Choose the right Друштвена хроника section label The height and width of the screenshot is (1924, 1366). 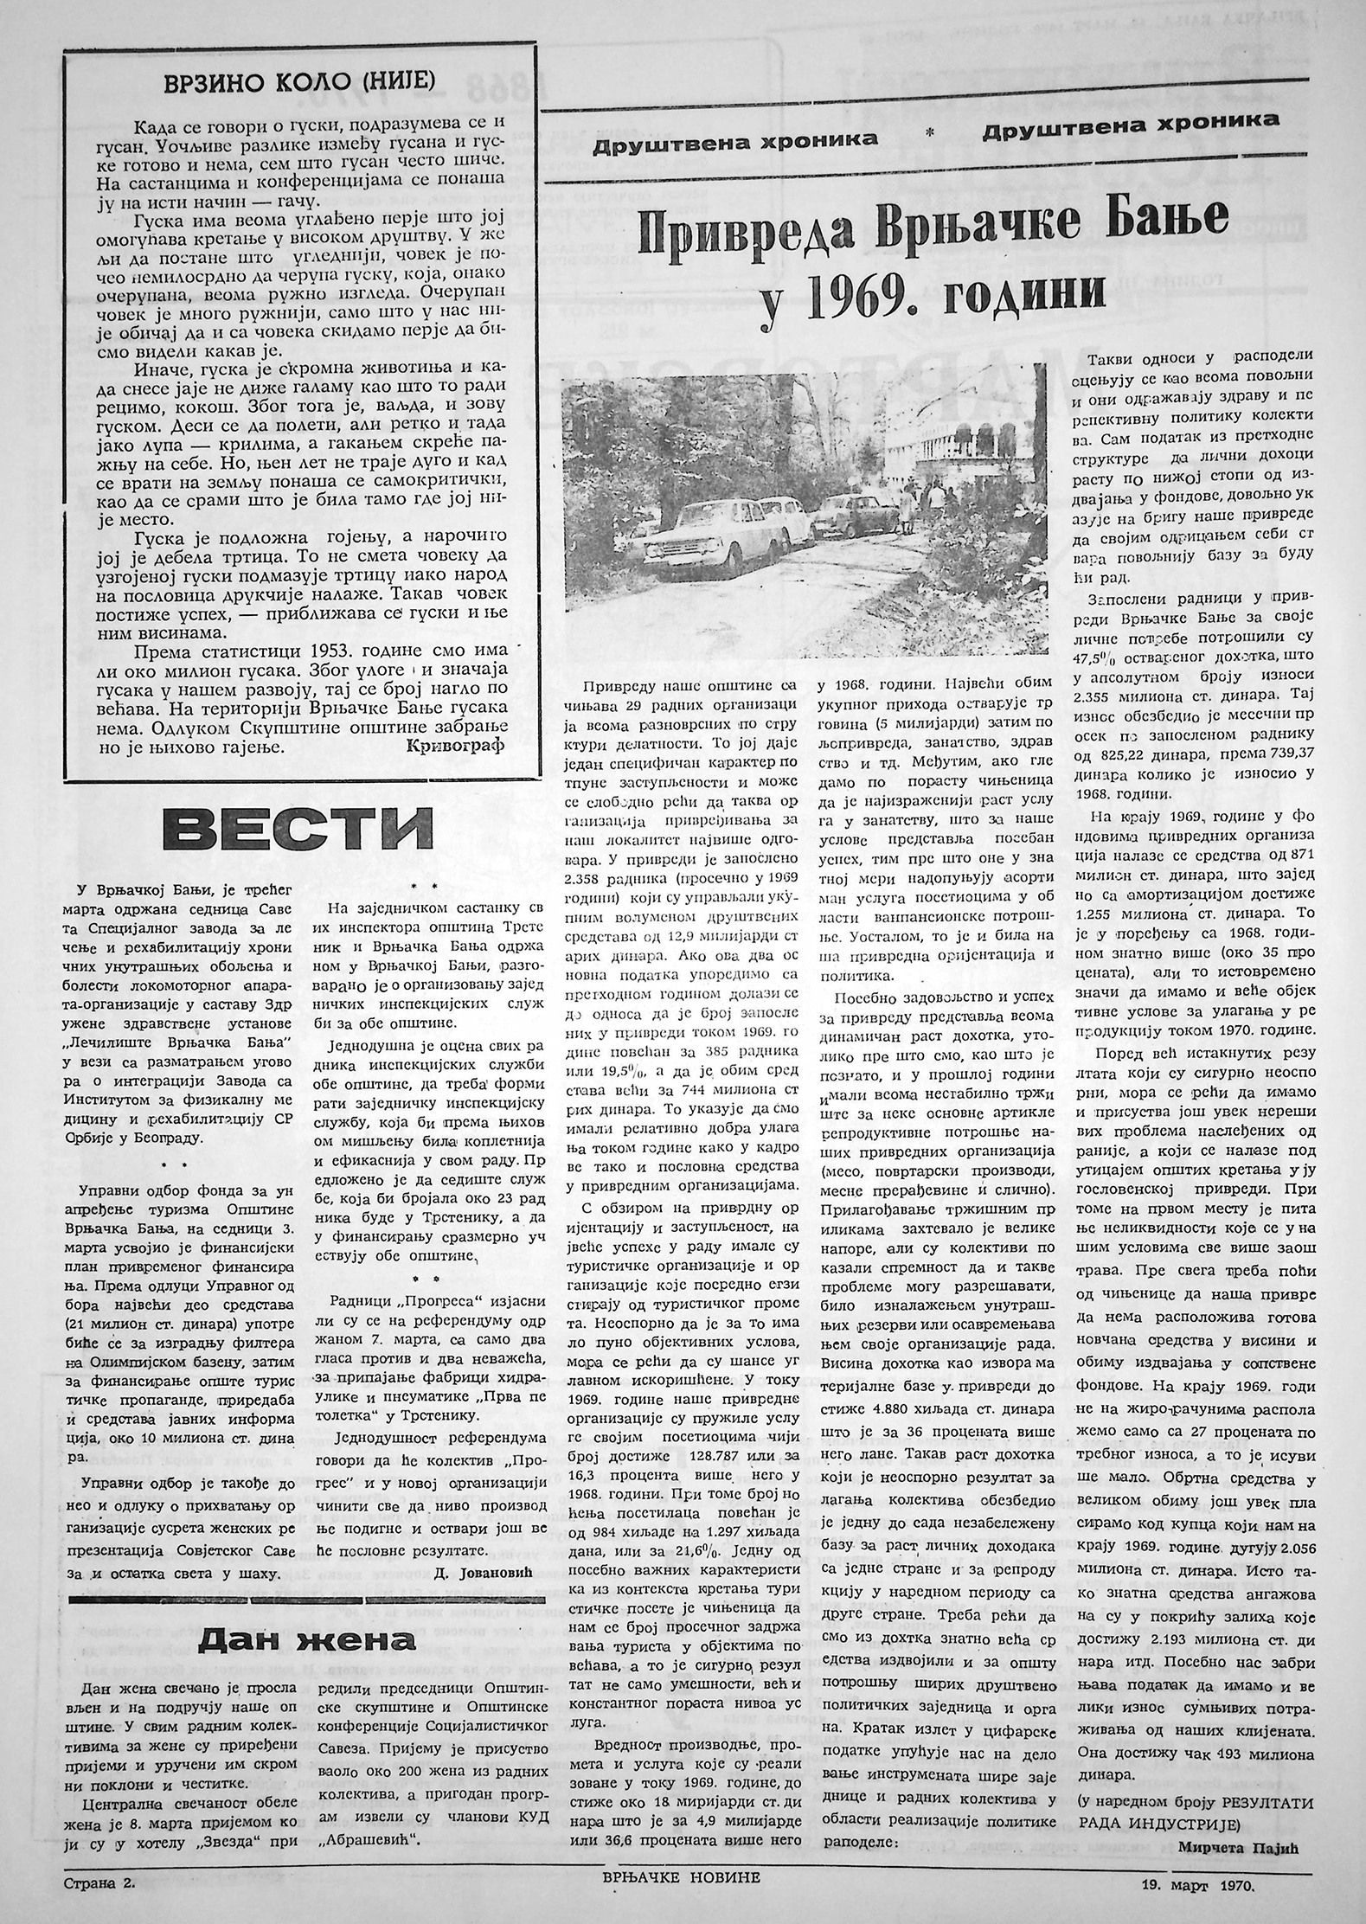[1130, 122]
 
